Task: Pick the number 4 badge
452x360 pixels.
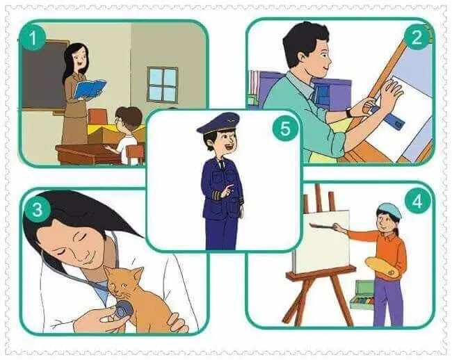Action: [x=417, y=202]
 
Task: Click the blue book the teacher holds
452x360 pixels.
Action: [x=89, y=89]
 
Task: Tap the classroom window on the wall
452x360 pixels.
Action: [x=162, y=85]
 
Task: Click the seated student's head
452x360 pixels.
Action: [x=129, y=118]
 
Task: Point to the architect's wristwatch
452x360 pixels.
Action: [x=350, y=112]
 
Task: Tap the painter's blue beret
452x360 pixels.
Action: [x=389, y=211]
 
